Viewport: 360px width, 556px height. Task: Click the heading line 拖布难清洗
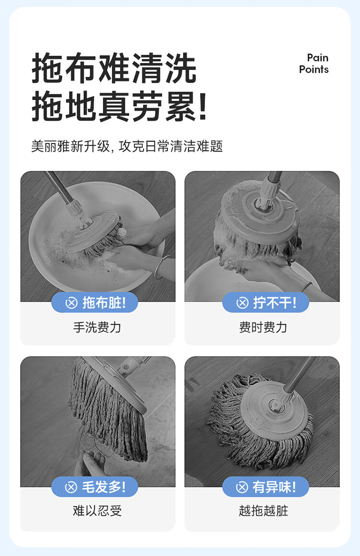tap(114, 68)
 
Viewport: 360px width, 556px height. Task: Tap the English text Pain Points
tap(313, 63)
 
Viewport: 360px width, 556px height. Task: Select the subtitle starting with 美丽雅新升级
tap(127, 146)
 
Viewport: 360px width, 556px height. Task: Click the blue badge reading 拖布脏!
tap(95, 303)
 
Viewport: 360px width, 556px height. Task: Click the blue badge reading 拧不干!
tap(265, 303)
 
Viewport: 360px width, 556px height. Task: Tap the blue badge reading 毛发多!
tap(95, 487)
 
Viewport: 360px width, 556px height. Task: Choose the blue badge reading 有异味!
tap(265, 487)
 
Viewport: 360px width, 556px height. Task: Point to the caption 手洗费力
tap(97, 327)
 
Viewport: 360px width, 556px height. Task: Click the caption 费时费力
tap(263, 327)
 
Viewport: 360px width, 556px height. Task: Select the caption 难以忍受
tap(97, 510)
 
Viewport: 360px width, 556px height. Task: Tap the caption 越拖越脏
tap(263, 510)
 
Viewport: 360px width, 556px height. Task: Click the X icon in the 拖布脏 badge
tap(72, 303)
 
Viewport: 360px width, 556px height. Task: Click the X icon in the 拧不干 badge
tap(242, 303)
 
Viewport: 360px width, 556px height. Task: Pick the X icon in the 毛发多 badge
tap(71, 487)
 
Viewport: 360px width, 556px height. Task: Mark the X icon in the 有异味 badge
tap(242, 487)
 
